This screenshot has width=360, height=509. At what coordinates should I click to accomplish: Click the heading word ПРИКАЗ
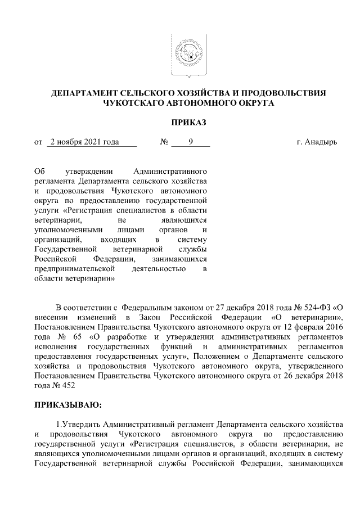click(185, 121)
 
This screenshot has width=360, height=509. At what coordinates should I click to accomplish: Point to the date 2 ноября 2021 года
click(84, 142)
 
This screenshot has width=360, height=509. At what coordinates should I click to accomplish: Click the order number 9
click(191, 142)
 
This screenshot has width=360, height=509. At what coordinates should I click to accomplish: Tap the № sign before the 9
click(165, 142)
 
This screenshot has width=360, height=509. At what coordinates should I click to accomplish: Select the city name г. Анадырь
click(316, 142)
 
